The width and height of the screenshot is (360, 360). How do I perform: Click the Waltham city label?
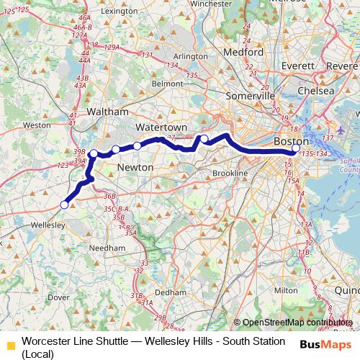tap(107, 112)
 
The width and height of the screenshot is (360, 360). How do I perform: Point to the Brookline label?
tap(230, 174)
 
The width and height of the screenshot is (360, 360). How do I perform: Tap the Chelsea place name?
tap(318, 91)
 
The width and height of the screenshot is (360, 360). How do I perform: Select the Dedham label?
tap(171, 292)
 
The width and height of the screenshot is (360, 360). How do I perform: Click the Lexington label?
tap(120, 12)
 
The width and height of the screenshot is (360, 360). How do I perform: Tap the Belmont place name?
tap(148, 84)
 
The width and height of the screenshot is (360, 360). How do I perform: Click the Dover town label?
tap(58, 297)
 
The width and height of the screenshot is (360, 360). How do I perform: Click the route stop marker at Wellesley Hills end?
tap(64, 204)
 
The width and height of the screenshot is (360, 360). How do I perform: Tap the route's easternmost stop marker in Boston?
tap(296, 149)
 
